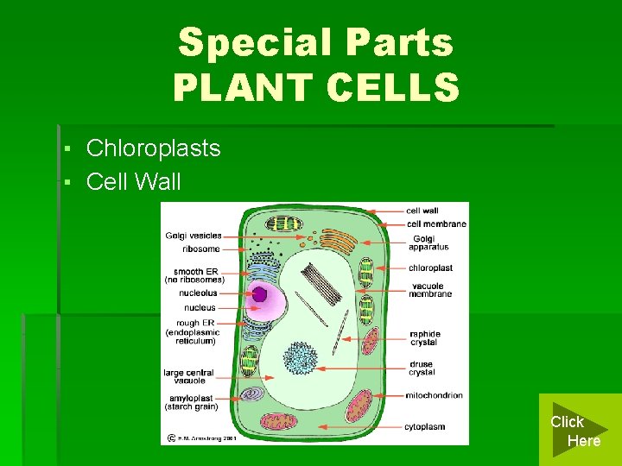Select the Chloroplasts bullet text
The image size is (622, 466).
153,148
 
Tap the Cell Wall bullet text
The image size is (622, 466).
134,182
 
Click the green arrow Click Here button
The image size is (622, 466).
576,430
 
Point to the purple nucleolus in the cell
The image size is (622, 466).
259,294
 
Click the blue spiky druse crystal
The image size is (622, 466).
301,357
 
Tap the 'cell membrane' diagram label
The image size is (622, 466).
435,224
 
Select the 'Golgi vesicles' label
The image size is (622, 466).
193,236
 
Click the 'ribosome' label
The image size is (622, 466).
200,249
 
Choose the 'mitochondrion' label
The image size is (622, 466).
434,395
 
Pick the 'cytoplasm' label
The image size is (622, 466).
425,426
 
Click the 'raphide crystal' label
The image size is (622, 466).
424,338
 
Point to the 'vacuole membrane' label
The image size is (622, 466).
431,290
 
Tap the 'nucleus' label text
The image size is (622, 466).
200,307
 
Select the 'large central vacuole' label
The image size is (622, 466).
188,376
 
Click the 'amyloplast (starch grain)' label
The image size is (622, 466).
191,402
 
